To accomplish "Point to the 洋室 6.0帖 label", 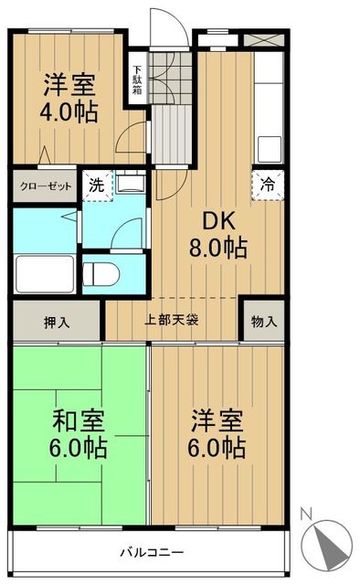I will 217,434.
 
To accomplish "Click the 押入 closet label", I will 56,322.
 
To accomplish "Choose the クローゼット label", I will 46,186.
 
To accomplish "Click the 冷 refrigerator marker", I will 266,182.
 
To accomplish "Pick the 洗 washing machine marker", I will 95,183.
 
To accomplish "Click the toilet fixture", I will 103,271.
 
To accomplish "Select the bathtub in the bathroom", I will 45,271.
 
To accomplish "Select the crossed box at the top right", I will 262,40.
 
